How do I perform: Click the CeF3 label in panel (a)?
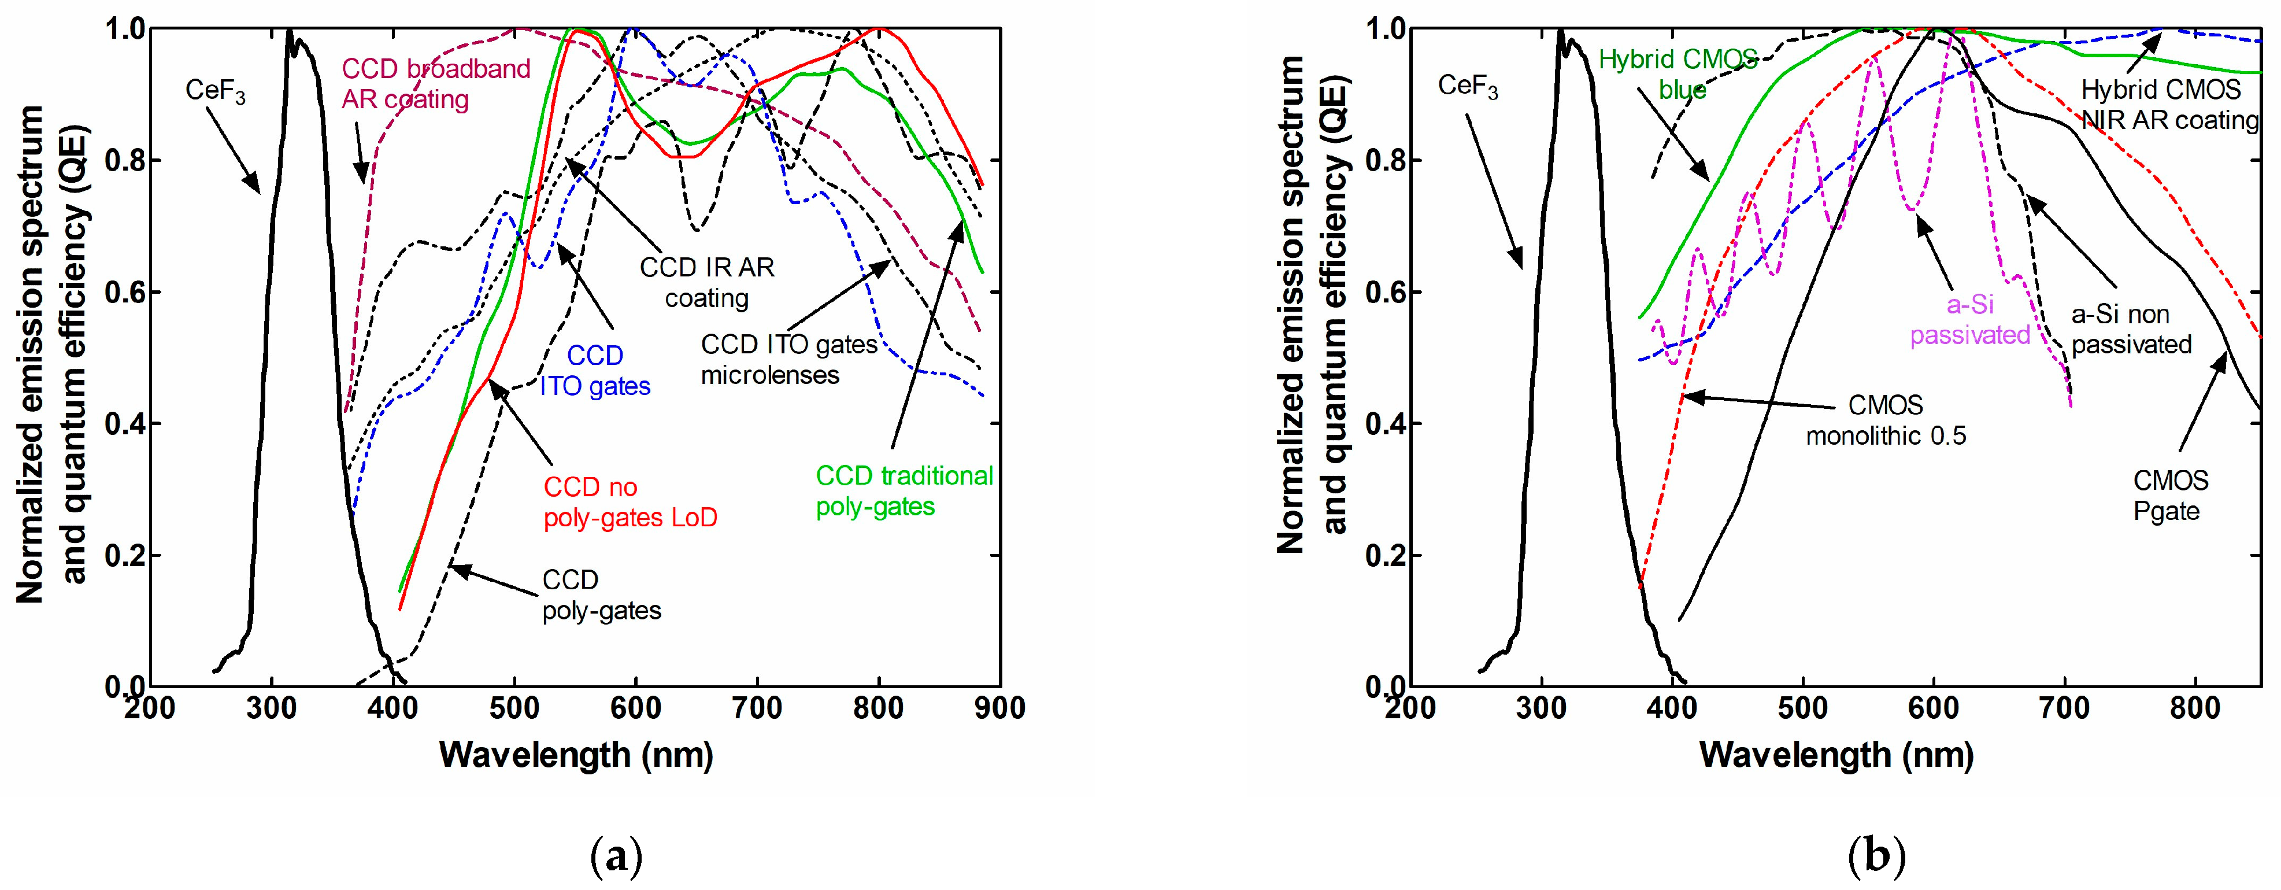(x=215, y=90)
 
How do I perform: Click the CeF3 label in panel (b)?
(x=1467, y=86)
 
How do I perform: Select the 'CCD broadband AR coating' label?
(x=436, y=83)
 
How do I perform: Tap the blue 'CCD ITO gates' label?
(x=595, y=370)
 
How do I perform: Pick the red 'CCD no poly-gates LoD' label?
(x=630, y=502)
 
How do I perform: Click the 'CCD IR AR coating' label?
(x=706, y=282)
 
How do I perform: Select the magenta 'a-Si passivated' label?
(x=1969, y=320)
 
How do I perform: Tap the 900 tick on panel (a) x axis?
(x=999, y=708)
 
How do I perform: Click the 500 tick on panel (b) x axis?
(x=1802, y=708)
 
